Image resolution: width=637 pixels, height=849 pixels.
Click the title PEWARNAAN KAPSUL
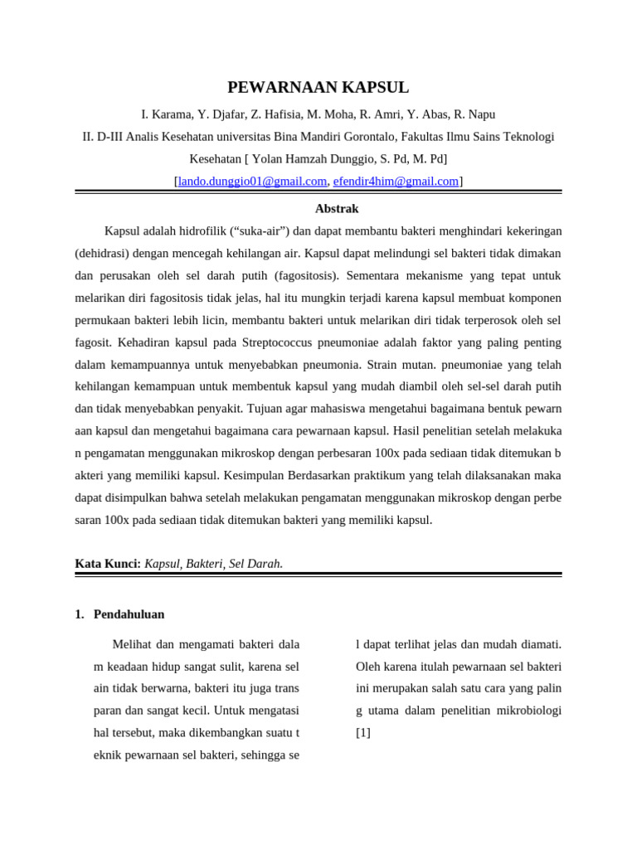pyautogui.click(x=318, y=88)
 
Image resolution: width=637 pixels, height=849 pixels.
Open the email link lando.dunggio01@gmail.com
pyautogui.click(x=252, y=181)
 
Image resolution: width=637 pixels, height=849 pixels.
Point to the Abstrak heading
pyautogui.click(x=337, y=209)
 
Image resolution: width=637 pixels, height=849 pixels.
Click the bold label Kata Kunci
pyautogui.click(x=108, y=564)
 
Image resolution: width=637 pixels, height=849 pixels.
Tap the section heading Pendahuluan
pyautogui.click(x=129, y=614)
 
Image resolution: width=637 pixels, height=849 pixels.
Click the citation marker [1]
pyautogui.click(x=363, y=733)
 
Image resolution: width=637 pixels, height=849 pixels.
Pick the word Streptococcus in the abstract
pyautogui.click(x=283, y=342)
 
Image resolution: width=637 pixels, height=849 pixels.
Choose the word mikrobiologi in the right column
pyautogui.click(x=525, y=711)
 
